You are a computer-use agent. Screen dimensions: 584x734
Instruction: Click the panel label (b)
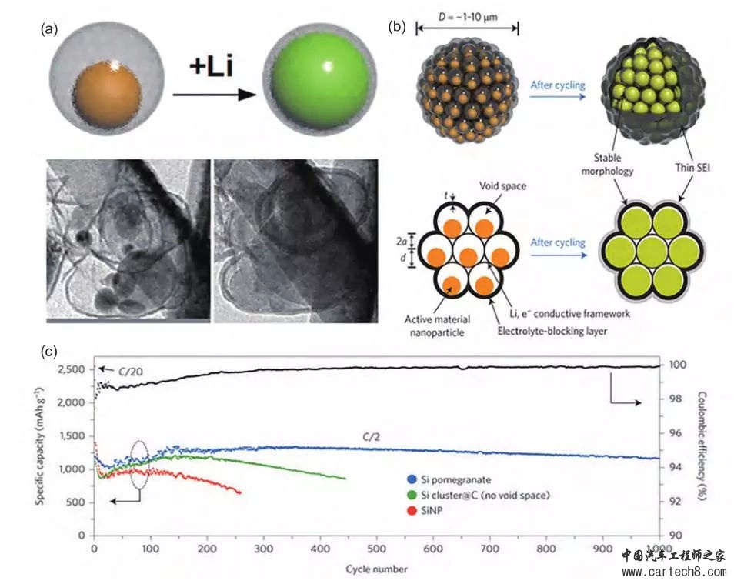[x=398, y=26]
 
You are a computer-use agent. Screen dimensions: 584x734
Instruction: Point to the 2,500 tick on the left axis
[x=73, y=370]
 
